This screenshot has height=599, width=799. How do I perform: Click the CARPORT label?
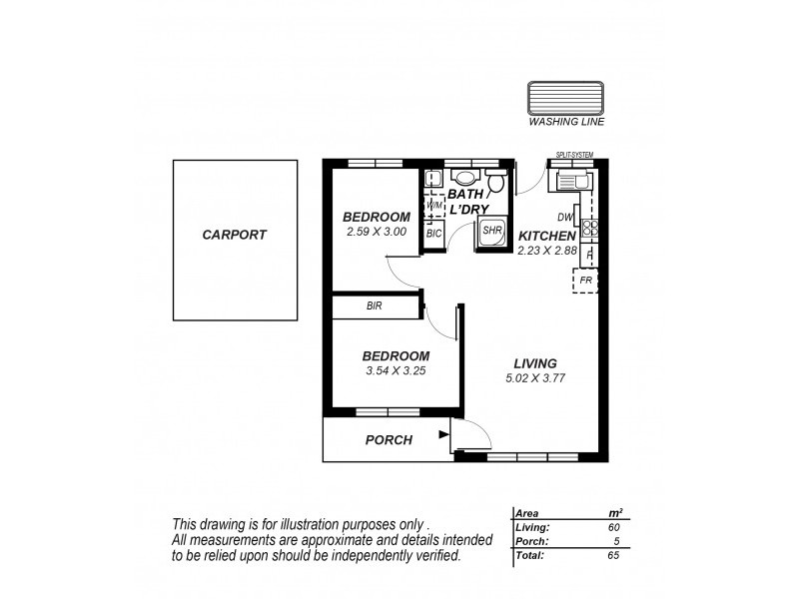[x=235, y=236]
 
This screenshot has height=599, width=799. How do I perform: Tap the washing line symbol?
[x=566, y=101]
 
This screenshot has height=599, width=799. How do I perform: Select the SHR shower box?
[x=491, y=231]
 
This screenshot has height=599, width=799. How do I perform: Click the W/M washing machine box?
[x=434, y=206]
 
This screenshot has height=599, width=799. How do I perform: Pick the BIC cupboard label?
[x=433, y=233]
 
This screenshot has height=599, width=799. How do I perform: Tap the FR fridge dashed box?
[x=586, y=281]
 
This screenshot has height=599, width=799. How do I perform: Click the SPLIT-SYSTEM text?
[x=574, y=155]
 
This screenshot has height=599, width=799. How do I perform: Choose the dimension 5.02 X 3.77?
[x=535, y=378]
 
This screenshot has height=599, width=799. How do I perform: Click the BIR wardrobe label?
[x=376, y=306]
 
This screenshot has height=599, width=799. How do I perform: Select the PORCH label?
[x=389, y=439]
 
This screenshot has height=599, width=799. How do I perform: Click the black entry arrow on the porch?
[x=442, y=434]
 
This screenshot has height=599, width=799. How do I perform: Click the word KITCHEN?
[x=546, y=236]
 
